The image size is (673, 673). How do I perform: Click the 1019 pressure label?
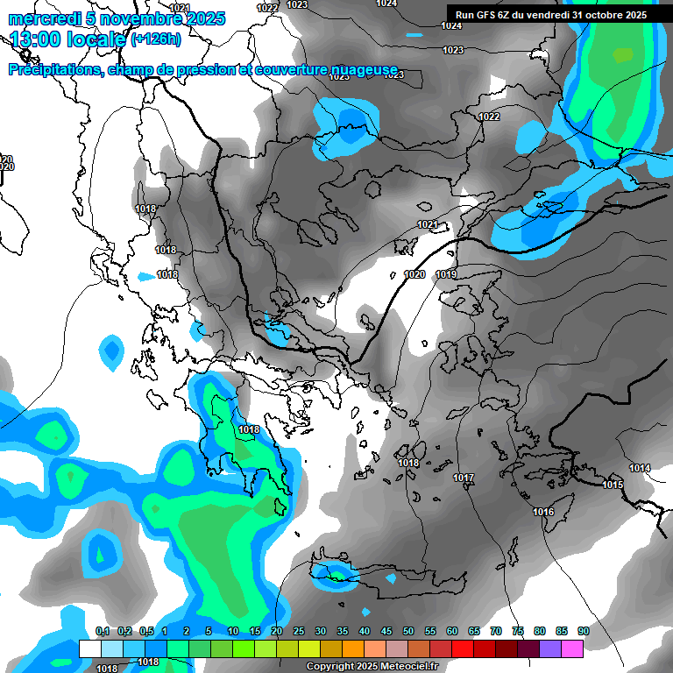[446, 274]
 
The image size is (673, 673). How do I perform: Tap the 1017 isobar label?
[464, 478]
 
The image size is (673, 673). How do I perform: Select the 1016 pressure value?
[543, 512]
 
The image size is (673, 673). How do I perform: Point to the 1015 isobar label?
[613, 485]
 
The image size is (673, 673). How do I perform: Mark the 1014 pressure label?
[640, 468]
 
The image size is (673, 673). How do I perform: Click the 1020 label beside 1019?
[414, 274]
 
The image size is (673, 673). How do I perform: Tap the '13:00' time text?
[39, 39]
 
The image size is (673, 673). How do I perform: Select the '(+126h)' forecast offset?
[156, 39]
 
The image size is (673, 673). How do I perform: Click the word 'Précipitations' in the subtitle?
[53, 69]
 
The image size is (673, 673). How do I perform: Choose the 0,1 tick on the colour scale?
[102, 631]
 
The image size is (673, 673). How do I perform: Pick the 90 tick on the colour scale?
[583, 631]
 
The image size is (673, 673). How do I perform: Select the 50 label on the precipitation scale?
[408, 631]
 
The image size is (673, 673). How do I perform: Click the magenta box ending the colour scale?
[571, 648]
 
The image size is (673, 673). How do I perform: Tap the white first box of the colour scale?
[89, 648]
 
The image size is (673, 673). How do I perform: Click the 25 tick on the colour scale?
[299, 631]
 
